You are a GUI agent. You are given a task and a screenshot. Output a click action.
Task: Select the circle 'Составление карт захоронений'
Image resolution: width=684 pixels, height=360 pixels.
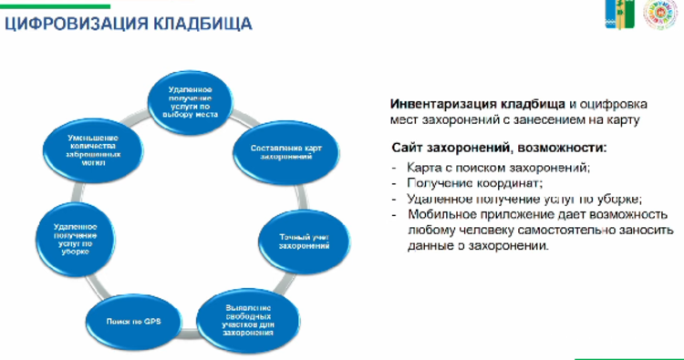click(287, 152)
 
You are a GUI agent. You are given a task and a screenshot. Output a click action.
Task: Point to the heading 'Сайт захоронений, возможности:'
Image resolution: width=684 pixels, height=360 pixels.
click(498, 148)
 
